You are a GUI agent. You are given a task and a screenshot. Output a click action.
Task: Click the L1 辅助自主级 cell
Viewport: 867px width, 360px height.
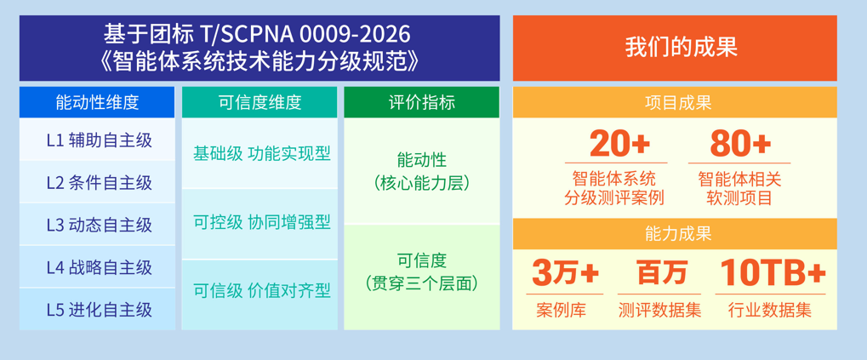(97, 140)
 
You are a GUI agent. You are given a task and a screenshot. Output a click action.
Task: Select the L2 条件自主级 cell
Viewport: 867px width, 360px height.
(97, 182)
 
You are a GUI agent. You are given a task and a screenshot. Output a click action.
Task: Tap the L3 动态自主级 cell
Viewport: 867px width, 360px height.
(97, 225)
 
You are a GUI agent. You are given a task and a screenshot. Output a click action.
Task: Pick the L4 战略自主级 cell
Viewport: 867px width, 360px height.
(97, 267)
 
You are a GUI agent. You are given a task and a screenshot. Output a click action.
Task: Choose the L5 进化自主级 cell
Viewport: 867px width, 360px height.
(97, 309)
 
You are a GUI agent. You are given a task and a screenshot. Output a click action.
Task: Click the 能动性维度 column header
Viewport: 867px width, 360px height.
(97, 102)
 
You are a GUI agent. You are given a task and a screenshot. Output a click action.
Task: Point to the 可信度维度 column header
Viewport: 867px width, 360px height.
(260, 102)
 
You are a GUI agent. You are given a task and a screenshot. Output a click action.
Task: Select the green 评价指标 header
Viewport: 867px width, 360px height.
(421, 102)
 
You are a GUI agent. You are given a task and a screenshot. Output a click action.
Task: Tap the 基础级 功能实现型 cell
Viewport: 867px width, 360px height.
(260, 153)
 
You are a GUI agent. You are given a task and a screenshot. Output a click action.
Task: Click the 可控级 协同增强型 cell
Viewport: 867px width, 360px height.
(260, 224)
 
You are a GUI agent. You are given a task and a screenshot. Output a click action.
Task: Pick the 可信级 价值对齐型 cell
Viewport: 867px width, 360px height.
(260, 294)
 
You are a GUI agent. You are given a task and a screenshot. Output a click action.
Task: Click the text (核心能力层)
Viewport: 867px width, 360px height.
(421, 184)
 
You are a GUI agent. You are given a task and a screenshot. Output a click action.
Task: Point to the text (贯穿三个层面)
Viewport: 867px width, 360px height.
(421, 283)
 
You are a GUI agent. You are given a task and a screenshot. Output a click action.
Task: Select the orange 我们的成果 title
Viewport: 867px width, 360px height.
(675, 49)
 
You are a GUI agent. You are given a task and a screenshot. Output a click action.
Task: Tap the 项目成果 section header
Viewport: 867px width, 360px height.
(675, 102)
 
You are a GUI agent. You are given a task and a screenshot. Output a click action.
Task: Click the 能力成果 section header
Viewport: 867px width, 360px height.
(675, 234)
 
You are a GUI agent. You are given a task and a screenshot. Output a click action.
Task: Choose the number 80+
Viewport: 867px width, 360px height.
(740, 144)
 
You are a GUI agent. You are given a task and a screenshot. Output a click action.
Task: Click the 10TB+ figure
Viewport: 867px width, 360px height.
(773, 272)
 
